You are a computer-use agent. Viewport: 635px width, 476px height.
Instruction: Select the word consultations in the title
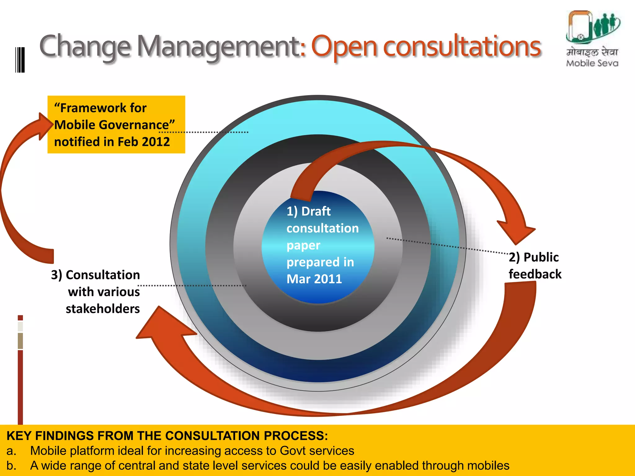(462, 46)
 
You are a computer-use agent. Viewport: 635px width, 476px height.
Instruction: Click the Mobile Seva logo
(592, 39)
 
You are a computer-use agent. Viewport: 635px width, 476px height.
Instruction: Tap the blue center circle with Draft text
(318, 247)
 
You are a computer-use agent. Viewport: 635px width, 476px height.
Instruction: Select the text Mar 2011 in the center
(314, 279)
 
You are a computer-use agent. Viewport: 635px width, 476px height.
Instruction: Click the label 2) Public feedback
(535, 266)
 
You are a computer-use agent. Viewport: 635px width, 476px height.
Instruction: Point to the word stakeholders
(103, 309)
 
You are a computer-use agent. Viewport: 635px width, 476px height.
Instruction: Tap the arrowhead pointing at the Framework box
(45, 126)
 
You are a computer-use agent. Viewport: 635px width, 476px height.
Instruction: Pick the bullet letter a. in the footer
(11, 451)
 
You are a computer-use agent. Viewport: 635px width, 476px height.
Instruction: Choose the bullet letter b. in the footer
(11, 466)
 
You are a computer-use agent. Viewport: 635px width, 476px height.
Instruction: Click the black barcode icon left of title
(20, 60)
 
